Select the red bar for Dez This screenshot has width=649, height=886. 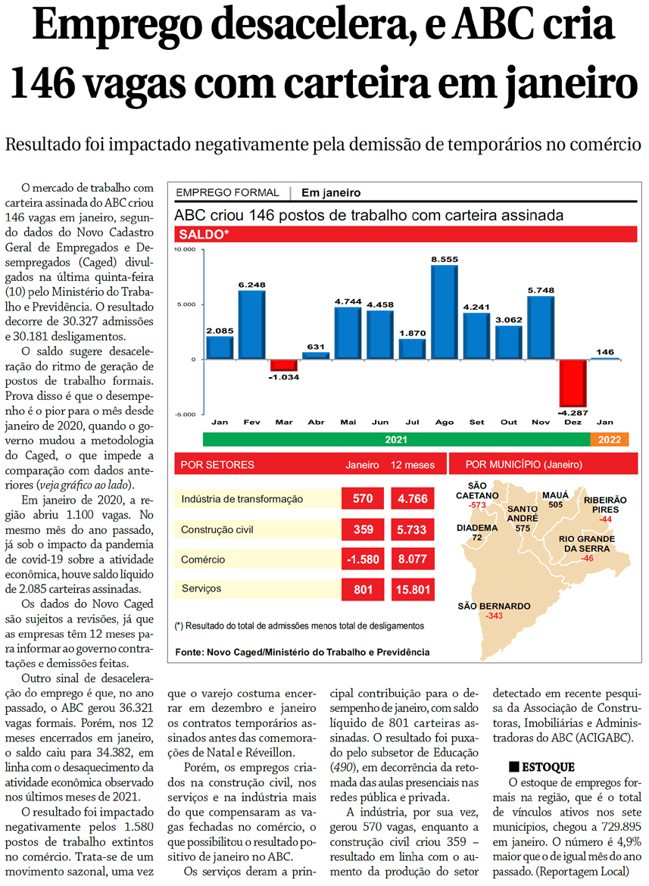(x=573, y=383)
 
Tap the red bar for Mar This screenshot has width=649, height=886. (x=284, y=365)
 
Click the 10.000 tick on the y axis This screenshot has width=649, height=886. (x=186, y=249)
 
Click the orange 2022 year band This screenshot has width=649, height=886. (x=609, y=439)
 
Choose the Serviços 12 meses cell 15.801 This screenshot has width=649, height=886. (x=413, y=589)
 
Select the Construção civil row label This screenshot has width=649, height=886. (x=220, y=530)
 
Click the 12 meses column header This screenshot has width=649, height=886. (x=413, y=464)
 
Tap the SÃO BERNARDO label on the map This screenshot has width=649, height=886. (x=494, y=606)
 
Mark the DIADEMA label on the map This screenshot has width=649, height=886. (x=477, y=528)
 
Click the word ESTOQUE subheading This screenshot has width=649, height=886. (x=548, y=767)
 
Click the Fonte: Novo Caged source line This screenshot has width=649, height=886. (x=301, y=652)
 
